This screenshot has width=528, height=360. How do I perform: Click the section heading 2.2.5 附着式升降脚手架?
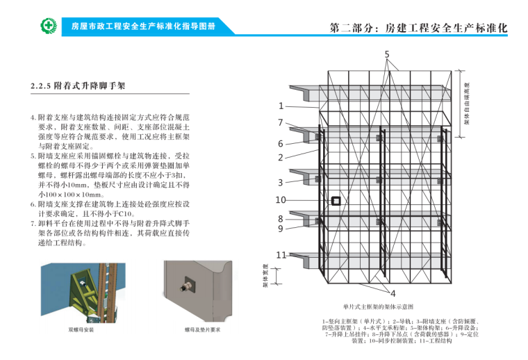pyautogui.click(x=78, y=87)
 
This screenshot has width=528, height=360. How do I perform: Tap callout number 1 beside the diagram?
pyautogui.click(x=281, y=106)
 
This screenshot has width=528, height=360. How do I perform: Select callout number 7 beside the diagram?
pyautogui.click(x=281, y=122)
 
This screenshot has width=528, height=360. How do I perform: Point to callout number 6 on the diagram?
pyautogui.click(x=281, y=144)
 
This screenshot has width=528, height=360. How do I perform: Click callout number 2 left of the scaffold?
pyautogui.click(x=281, y=158)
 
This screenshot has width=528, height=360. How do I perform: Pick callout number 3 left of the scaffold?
pyautogui.click(x=281, y=183)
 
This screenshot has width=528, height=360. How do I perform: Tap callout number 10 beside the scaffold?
pyautogui.click(x=281, y=200)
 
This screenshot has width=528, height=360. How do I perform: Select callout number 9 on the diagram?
pyautogui.click(x=281, y=228)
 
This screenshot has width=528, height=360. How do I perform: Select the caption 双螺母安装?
pyautogui.click(x=81, y=329)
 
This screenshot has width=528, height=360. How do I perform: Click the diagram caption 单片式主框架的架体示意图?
pyautogui.click(x=378, y=306)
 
